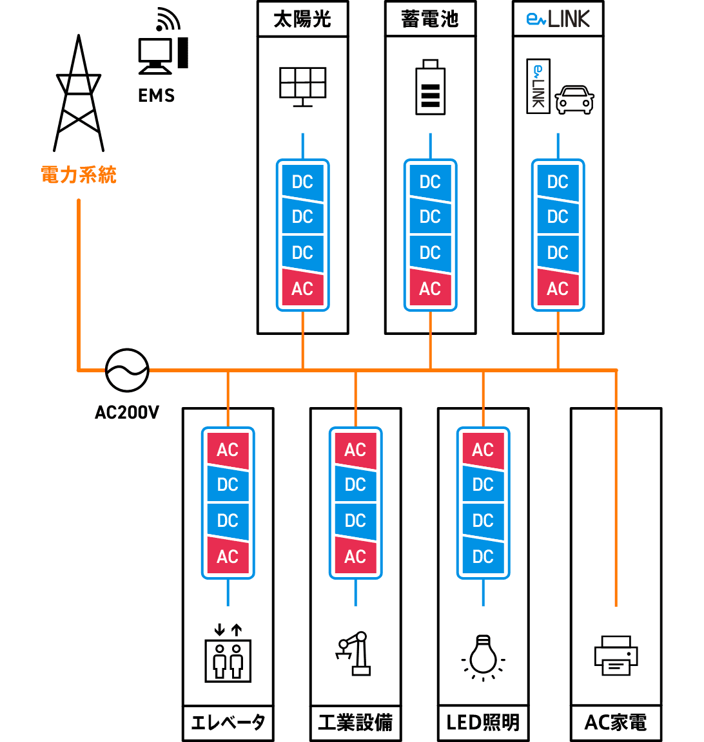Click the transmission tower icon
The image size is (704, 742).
tap(79, 95)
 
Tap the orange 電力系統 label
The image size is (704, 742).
tap(79, 175)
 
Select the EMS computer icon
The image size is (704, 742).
tap(163, 42)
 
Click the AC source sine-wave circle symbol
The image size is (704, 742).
tap(127, 370)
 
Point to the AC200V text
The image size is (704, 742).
tap(127, 413)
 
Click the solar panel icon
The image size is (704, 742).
tap(303, 87)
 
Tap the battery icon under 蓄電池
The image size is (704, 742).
tap(430, 87)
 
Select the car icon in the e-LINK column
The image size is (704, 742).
tap(574, 99)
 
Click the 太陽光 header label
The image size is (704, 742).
tap(303, 19)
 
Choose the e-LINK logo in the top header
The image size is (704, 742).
tap(558, 19)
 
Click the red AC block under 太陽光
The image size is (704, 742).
tap(303, 288)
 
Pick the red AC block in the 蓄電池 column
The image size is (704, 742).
tap(430, 288)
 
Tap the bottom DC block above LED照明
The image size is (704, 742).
tap(484, 556)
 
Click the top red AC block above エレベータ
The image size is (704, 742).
tap(228, 450)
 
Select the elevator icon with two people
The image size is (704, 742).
tap(228, 654)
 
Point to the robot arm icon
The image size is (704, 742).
tap(353, 654)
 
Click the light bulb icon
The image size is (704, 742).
tap(484, 658)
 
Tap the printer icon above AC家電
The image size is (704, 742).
tap(616, 656)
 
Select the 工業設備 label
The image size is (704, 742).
tap(355, 723)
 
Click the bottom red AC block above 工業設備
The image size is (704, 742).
tap(355, 556)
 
